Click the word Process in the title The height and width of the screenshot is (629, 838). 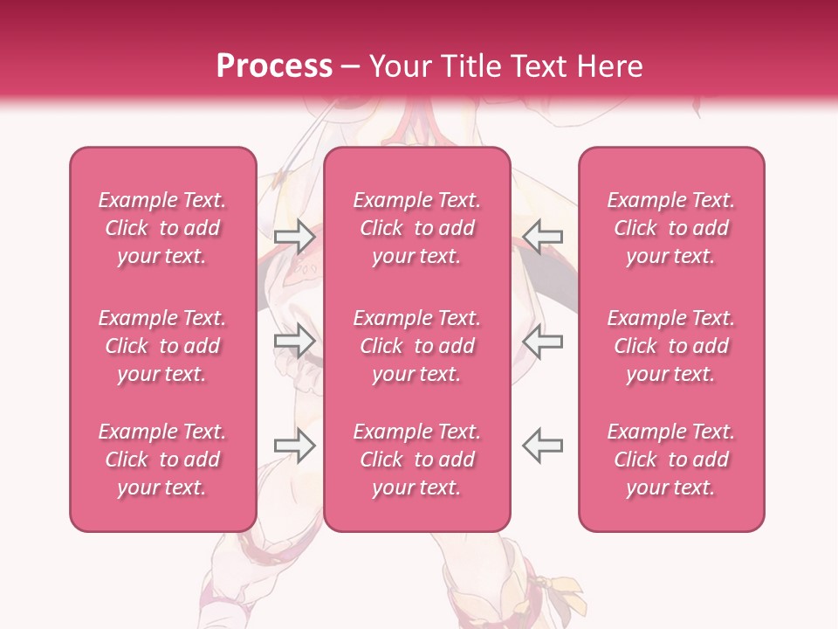pos(274,66)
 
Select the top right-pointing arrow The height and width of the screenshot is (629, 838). pos(295,235)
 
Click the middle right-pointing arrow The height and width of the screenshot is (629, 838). pos(295,340)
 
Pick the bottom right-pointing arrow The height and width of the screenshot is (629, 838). pos(295,445)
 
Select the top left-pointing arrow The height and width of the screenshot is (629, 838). pos(542,235)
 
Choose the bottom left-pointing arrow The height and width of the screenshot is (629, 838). pos(542,445)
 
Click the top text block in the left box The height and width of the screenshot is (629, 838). pos(162,228)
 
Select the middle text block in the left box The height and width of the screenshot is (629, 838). pos(162,346)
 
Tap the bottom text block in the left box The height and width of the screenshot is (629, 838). pos(162,460)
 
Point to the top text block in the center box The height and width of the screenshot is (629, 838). pos(417,228)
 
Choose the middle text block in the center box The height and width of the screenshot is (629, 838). pos(417,346)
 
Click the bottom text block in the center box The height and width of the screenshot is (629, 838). pos(417,460)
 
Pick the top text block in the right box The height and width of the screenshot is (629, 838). pos(671,228)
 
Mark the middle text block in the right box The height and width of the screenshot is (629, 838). pos(671,346)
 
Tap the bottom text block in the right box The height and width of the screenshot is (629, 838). pos(671,460)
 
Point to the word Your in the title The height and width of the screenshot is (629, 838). pos(398,66)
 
